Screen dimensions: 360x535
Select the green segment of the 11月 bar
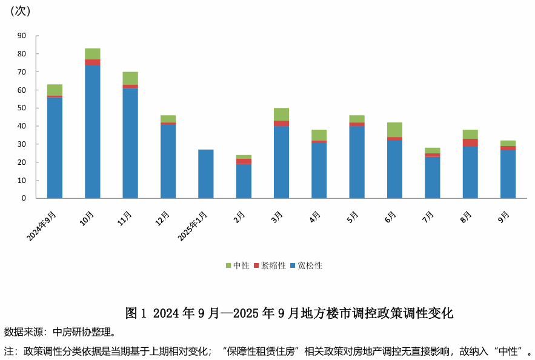click(x=130, y=78)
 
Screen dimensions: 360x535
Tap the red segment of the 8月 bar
click(x=470, y=142)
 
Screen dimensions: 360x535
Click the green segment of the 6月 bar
click(x=394, y=130)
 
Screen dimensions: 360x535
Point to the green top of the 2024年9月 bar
click(x=55, y=90)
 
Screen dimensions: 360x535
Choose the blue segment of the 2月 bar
click(x=244, y=181)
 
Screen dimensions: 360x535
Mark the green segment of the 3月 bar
click(x=281, y=115)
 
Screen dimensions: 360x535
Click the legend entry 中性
click(x=238, y=265)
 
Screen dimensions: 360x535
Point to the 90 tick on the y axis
click(x=22, y=36)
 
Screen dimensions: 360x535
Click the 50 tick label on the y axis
click(x=22, y=108)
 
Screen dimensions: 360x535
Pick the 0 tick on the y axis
click(x=24, y=198)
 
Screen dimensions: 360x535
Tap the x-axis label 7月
click(x=428, y=216)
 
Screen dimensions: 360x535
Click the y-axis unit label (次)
click(x=21, y=11)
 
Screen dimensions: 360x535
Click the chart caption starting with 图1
click(x=289, y=313)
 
